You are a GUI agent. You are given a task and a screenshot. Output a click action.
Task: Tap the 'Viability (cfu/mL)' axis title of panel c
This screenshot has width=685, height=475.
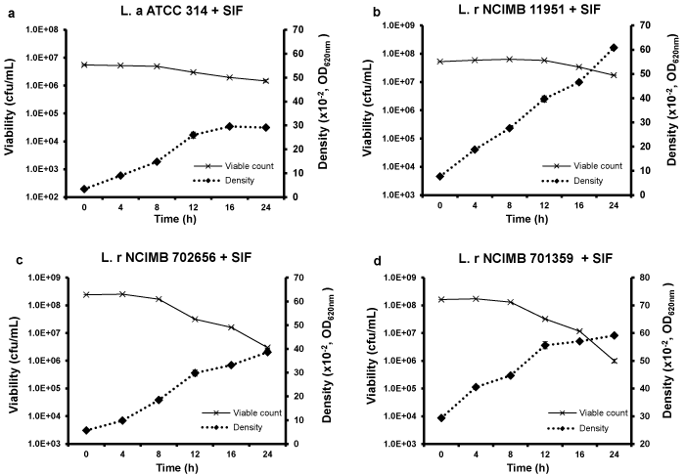(x=13, y=360)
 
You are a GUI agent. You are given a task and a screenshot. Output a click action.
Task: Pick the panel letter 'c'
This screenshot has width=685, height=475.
(x=6, y=258)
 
